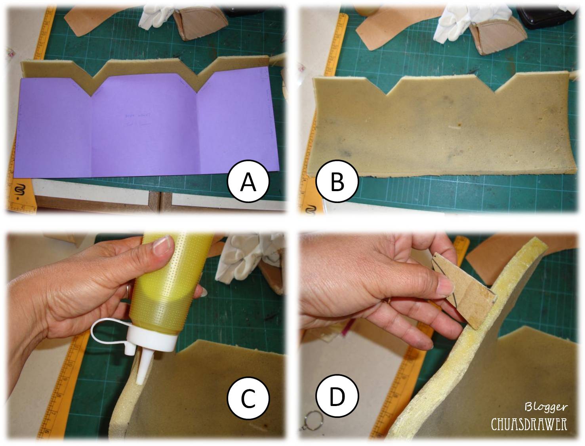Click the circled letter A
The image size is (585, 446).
(x=248, y=182)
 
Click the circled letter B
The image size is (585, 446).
(x=337, y=182)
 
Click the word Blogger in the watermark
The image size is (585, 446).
(x=546, y=407)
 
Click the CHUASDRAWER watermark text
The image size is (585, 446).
(x=529, y=424)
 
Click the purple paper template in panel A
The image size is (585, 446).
(x=147, y=131)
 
